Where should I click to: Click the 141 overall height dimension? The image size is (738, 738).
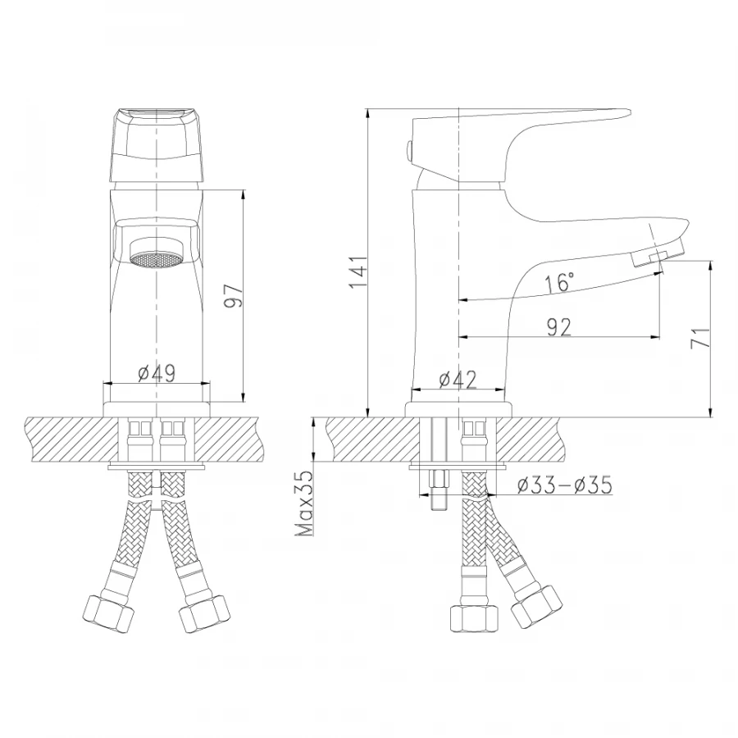click(356, 272)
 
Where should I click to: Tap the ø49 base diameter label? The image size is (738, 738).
click(156, 373)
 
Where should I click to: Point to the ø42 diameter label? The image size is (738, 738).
click(458, 379)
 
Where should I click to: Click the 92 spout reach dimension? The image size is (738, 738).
click(558, 326)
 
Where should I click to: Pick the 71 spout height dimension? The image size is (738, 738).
click(699, 339)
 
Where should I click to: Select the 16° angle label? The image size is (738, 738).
click(558, 284)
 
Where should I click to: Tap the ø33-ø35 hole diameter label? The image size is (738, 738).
click(564, 485)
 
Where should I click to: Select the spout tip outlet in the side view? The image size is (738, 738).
click(656, 258)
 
